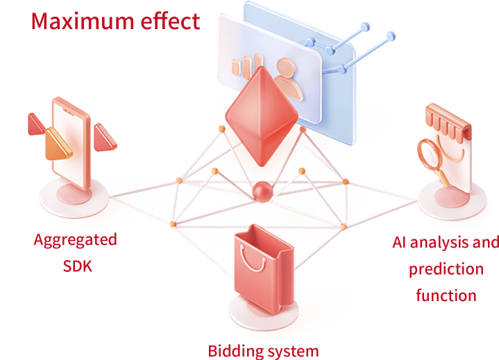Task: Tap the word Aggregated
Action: point(75,240)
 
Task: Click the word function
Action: point(446,295)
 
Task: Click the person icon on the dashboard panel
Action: point(289,74)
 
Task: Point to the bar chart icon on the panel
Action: point(242,67)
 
